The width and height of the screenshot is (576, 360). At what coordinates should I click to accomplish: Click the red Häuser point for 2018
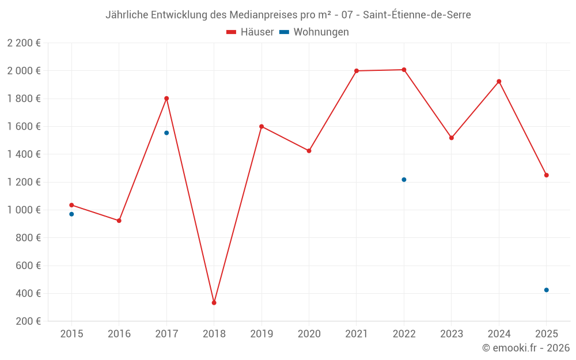pos(214,302)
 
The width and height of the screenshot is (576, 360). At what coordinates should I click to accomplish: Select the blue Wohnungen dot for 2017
pos(166,133)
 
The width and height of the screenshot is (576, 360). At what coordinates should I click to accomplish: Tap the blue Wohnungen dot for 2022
pos(404,180)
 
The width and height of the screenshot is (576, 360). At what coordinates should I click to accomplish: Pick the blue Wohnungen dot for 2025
pos(546,290)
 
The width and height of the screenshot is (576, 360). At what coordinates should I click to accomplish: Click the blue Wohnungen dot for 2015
pos(71,214)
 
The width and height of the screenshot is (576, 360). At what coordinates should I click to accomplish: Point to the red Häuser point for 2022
pos(404,70)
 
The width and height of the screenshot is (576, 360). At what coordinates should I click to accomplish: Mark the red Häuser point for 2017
pos(166,98)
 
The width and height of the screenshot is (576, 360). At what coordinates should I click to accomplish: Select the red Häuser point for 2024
pos(499,81)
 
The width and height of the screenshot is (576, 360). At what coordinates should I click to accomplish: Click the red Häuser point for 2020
pos(309,151)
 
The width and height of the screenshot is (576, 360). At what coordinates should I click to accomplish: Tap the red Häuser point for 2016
pos(119,221)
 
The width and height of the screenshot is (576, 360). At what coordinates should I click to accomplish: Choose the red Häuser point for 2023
pos(452,138)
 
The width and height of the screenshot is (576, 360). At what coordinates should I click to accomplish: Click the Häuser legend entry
pos(250,32)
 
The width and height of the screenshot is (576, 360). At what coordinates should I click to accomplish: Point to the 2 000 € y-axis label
pos(24,71)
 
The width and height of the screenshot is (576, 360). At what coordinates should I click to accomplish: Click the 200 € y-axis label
pos(28,321)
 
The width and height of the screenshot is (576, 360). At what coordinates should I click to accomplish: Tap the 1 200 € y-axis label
pos(24,182)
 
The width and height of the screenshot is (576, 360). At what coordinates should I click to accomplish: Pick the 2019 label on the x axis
pos(262,334)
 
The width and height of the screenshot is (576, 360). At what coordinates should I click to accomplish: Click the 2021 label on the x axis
pos(357,334)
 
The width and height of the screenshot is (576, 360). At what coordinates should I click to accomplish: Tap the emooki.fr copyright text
pos(526,348)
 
